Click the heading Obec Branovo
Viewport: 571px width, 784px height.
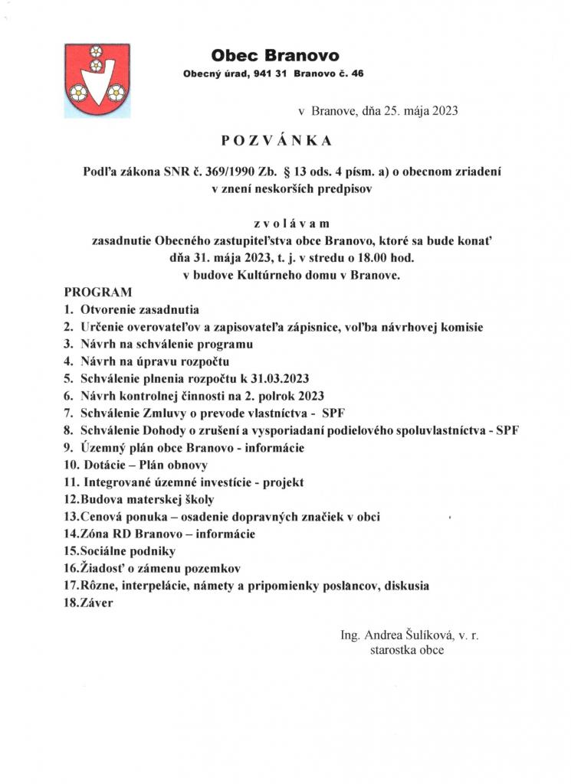[275, 55]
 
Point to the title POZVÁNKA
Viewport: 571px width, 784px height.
[276, 141]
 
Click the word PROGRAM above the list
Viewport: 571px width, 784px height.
[98, 292]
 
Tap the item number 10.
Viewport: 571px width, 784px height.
[71, 465]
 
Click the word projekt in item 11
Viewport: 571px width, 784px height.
[282, 482]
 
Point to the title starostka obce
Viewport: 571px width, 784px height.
[406, 651]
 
